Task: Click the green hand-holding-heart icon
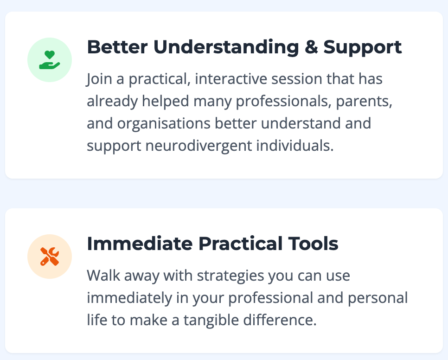click(50, 60)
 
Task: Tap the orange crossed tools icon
click(50, 256)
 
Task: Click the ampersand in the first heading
click(311, 47)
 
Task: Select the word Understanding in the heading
click(226, 47)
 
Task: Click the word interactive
click(231, 79)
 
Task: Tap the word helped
click(166, 101)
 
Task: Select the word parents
click(364, 101)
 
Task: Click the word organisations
click(164, 123)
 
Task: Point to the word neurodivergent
click(198, 146)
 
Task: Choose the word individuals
click(295, 146)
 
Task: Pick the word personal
click(378, 298)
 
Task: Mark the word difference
click(280, 320)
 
